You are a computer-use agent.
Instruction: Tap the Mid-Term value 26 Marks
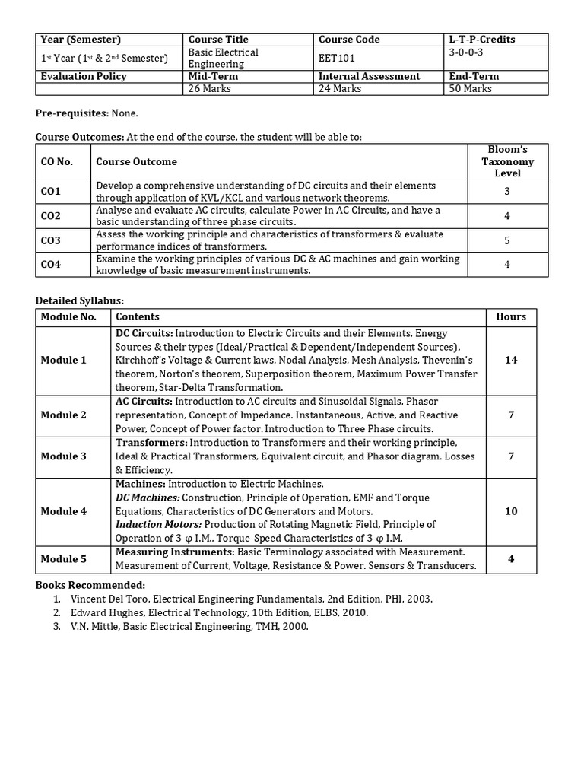coord(209,89)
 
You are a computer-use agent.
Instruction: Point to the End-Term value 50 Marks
coord(471,89)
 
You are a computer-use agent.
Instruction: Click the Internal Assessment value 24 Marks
coord(341,89)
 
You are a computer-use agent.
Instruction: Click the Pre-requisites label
coord(71,113)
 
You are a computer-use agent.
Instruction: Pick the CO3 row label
coord(51,240)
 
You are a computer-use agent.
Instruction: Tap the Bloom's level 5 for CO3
coord(506,240)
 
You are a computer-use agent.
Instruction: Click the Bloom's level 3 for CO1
coord(506,192)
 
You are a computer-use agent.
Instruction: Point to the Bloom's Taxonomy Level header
coord(507,161)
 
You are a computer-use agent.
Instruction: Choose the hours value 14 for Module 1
coord(511,360)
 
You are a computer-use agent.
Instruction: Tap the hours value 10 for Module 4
coord(511,511)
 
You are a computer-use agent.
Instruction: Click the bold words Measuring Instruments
coord(174,552)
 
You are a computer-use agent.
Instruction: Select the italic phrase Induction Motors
coord(158,525)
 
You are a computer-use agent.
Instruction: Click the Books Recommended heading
coord(90,585)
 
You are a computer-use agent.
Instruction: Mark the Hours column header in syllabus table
coord(511,316)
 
